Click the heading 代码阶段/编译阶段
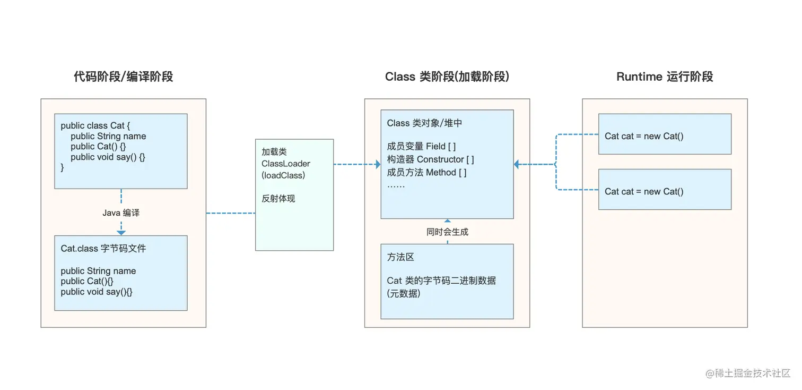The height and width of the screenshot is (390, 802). [123, 77]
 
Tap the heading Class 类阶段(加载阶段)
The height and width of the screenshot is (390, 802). [447, 77]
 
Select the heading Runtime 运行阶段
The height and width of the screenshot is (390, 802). [665, 77]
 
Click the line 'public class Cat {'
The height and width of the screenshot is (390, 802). [95, 126]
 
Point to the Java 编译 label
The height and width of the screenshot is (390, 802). [121, 213]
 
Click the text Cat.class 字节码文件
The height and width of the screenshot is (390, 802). [103, 249]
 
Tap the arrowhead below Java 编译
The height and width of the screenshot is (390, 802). [121, 232]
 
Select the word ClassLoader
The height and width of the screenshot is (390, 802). [286, 164]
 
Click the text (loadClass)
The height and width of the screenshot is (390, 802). [283, 175]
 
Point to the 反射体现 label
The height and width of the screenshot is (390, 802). [278, 199]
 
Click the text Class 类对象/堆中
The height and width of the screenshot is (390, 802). [424, 123]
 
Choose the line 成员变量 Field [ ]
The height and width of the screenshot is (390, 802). [421, 147]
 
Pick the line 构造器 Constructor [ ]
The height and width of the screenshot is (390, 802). [430, 159]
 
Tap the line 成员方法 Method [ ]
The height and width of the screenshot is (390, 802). [426, 173]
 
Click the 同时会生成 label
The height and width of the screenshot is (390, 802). [447, 232]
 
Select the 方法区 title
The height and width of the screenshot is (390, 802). [400, 257]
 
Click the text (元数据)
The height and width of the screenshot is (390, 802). [404, 293]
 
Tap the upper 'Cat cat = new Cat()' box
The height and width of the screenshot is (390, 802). [665, 134]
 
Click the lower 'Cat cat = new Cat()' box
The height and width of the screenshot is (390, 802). [665, 190]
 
